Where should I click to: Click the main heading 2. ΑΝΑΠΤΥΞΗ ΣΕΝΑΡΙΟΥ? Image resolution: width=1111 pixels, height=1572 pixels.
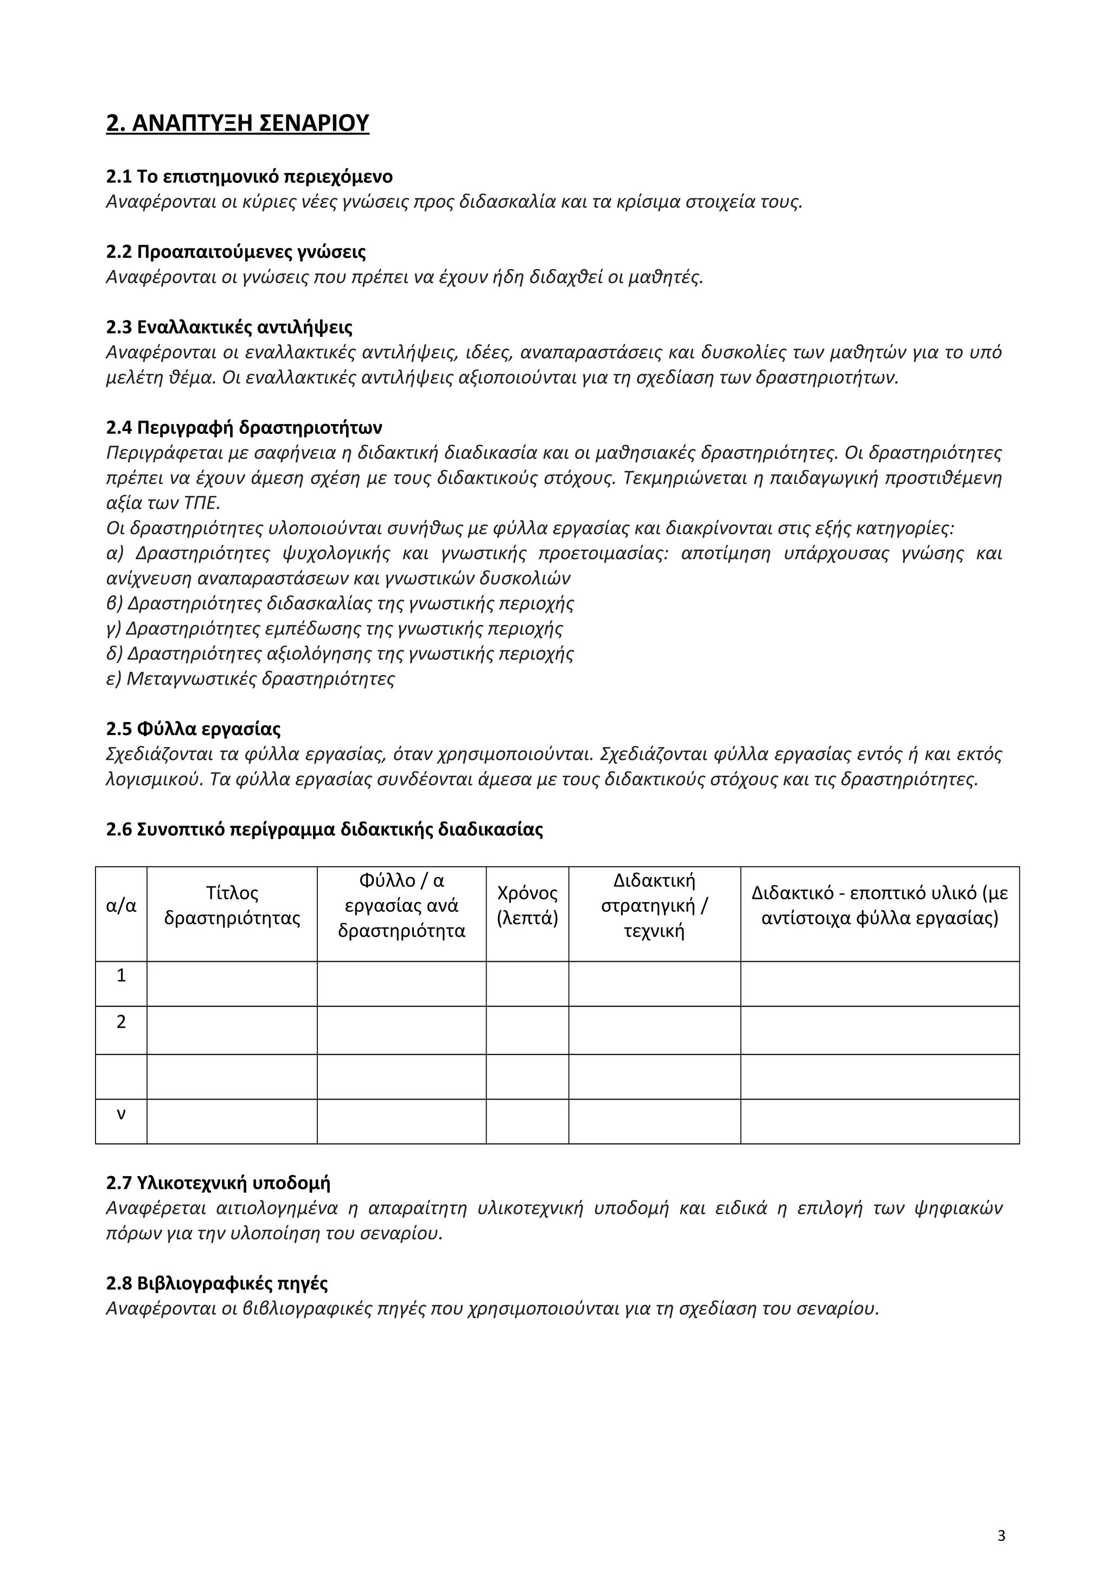click(x=238, y=123)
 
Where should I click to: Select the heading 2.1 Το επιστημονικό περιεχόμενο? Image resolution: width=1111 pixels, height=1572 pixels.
click(x=249, y=177)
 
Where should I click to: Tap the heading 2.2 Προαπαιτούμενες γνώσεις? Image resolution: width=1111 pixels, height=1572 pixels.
click(x=235, y=252)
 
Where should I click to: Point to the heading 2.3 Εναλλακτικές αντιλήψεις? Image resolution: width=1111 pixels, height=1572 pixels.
click(x=229, y=327)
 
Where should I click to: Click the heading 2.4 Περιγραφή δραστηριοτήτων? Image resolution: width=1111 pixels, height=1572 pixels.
click(x=244, y=428)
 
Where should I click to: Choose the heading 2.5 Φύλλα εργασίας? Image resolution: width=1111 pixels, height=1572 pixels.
click(x=193, y=729)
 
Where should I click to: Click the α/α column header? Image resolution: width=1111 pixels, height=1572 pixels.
click(x=121, y=906)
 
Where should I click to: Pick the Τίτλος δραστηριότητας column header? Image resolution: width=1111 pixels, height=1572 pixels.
click(x=232, y=906)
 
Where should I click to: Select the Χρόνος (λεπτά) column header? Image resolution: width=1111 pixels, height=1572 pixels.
click(x=527, y=906)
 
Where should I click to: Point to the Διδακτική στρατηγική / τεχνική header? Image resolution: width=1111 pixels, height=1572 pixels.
click(x=654, y=906)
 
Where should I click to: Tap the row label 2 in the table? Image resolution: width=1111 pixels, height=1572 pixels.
click(x=121, y=1022)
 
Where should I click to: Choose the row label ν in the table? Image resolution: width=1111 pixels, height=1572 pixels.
click(x=121, y=1114)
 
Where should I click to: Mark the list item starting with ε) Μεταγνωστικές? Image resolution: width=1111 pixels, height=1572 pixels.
click(x=251, y=679)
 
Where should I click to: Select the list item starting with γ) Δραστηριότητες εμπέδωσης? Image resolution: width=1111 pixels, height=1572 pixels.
click(x=335, y=629)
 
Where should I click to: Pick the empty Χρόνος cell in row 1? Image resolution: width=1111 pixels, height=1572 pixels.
click(x=527, y=984)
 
